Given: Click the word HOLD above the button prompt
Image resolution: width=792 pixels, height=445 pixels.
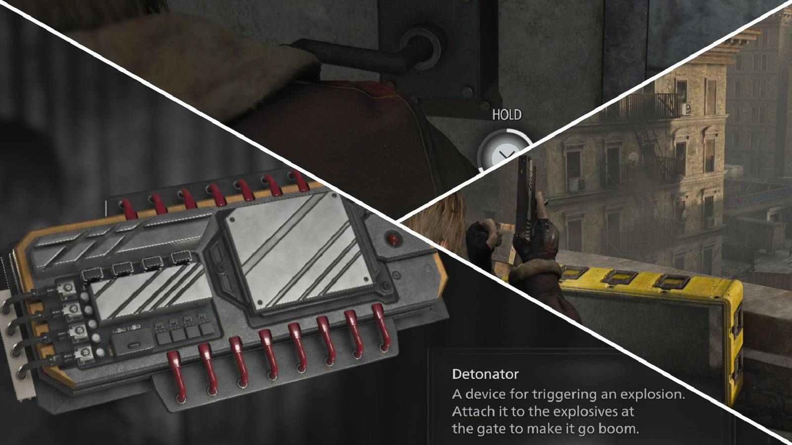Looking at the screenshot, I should (x=506, y=115).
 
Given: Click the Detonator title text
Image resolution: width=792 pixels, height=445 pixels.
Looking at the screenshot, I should (x=485, y=374).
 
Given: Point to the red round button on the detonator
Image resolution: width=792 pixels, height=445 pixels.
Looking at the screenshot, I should (x=394, y=239).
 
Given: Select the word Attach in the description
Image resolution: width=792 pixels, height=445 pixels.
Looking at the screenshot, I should (x=473, y=411).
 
